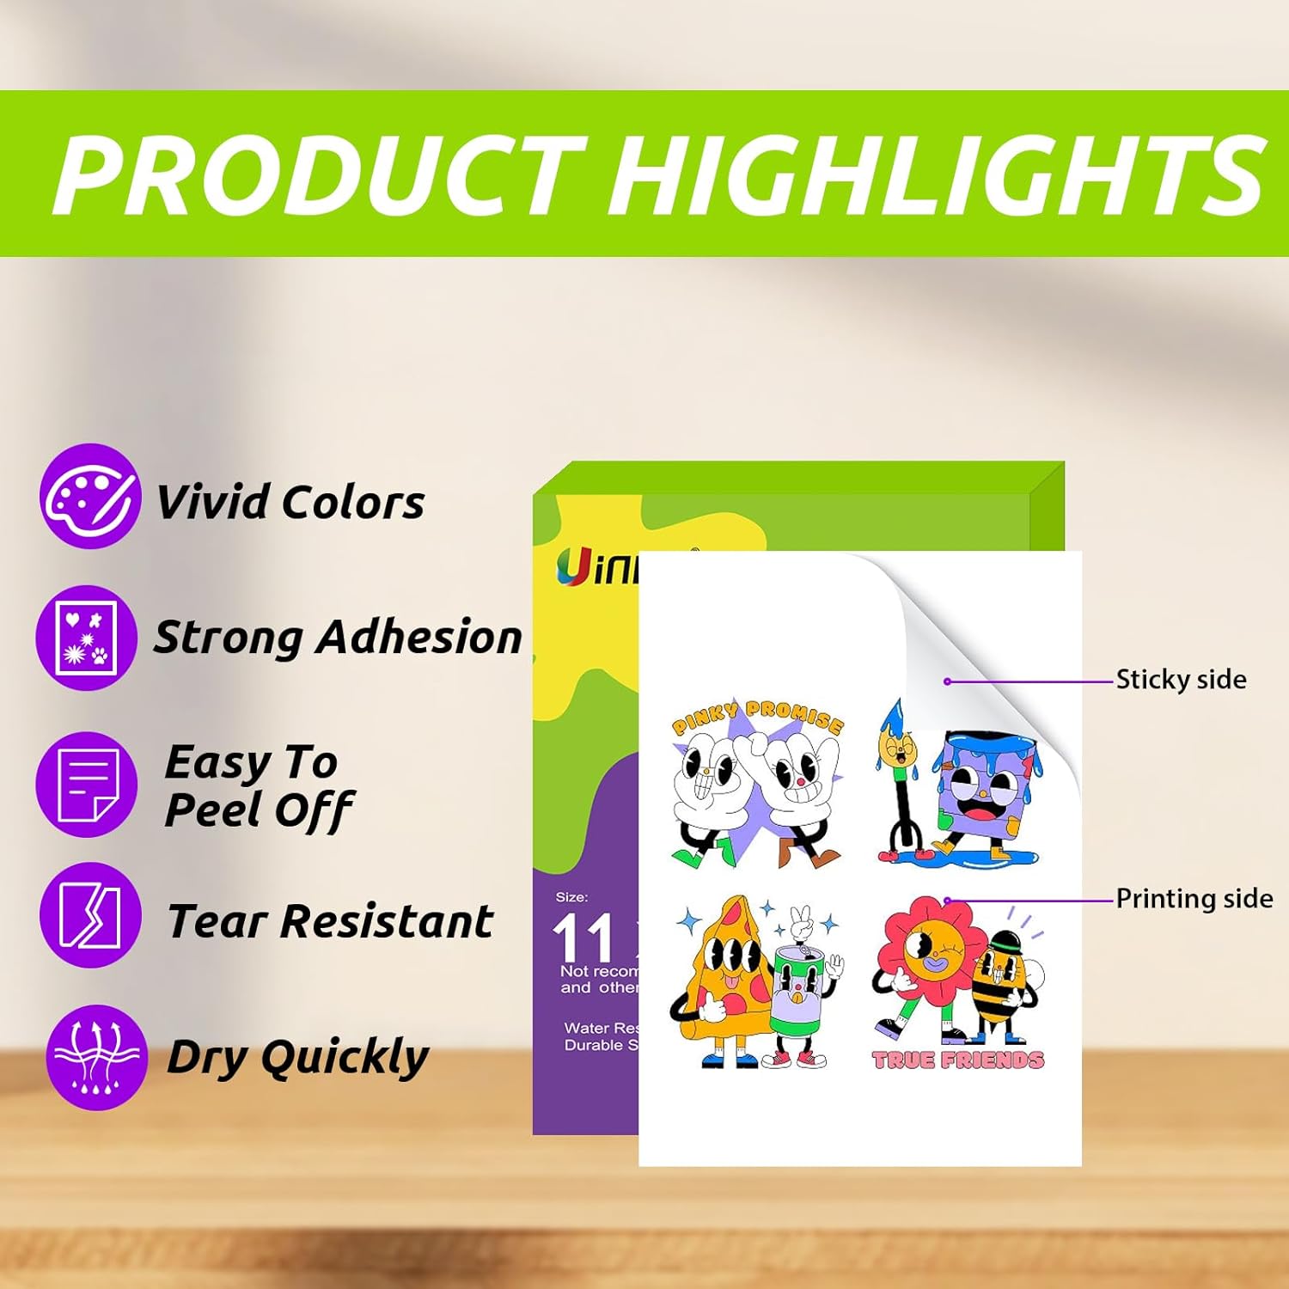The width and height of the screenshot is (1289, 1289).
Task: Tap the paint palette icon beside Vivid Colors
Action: click(x=89, y=497)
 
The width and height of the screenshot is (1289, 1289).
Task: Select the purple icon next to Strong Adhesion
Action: click(x=86, y=638)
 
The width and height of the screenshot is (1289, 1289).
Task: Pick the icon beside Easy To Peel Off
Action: click(x=86, y=784)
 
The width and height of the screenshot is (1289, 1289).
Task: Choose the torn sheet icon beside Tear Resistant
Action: click(x=89, y=916)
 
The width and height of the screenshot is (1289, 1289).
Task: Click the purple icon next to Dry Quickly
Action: click(x=96, y=1057)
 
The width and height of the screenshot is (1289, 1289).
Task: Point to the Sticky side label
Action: click(x=1181, y=680)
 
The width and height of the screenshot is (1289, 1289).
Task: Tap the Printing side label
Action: click(x=1194, y=899)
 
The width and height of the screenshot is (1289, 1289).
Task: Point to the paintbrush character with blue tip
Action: click(x=898, y=773)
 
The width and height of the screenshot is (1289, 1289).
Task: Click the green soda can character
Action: click(x=799, y=997)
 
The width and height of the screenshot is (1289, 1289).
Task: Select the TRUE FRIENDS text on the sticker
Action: click(x=958, y=1060)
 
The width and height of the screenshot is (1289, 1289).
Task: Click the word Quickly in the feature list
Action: click(x=345, y=1057)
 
